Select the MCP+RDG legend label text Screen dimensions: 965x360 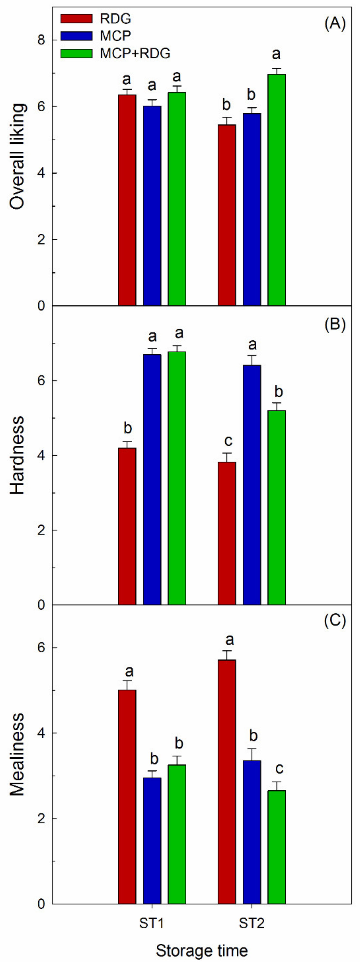click(x=135, y=53)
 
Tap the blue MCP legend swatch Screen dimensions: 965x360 click(x=76, y=36)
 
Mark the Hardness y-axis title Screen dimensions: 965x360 click(x=17, y=455)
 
